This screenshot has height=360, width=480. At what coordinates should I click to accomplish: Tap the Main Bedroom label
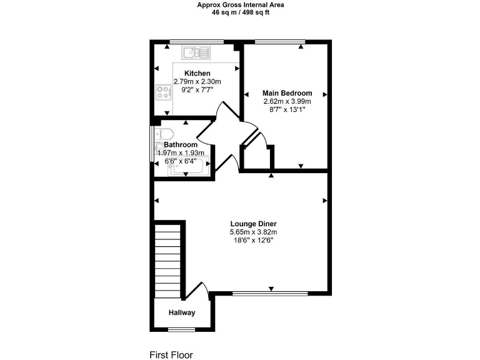coord(287,93)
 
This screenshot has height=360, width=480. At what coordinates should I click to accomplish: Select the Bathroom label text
coord(181,144)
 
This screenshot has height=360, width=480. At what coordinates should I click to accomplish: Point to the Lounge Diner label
coord(253,224)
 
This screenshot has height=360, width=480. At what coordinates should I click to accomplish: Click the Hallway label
coord(182,313)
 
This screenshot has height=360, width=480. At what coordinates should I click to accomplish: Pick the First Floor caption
coord(171,354)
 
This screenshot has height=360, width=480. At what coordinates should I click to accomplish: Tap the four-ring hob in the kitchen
coord(164,93)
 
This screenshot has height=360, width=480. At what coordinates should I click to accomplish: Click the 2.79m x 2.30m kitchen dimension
coord(197,82)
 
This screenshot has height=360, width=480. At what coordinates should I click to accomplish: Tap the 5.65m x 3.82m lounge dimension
coord(253,232)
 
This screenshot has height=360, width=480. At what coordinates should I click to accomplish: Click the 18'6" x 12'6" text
coord(253,240)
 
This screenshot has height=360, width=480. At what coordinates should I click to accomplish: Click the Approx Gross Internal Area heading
coord(240,4)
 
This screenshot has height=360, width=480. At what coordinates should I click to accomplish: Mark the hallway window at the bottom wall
coord(182,329)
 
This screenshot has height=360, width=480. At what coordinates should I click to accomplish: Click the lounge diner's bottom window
coord(270,292)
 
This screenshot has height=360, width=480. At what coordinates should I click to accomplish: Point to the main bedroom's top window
coord(280,42)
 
